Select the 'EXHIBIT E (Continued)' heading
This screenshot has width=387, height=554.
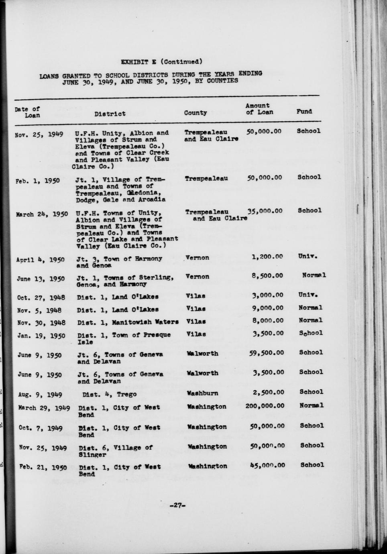161,62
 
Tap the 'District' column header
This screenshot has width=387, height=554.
110,114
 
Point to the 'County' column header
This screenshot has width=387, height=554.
196,113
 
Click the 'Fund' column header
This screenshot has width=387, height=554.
304,112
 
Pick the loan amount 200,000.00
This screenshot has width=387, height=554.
265,406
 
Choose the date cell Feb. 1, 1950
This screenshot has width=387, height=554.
38,180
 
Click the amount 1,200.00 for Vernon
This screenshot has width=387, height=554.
267,257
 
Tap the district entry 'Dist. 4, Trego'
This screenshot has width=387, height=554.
109,394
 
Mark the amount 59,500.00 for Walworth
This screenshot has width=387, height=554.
266,352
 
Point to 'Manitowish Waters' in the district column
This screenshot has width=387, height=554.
145,322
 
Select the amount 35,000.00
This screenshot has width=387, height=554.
265,211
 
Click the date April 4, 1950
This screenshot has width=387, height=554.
40,259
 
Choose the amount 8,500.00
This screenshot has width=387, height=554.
268,275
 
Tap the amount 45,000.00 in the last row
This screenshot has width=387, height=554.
267,465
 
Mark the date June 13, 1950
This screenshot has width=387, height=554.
41,278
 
